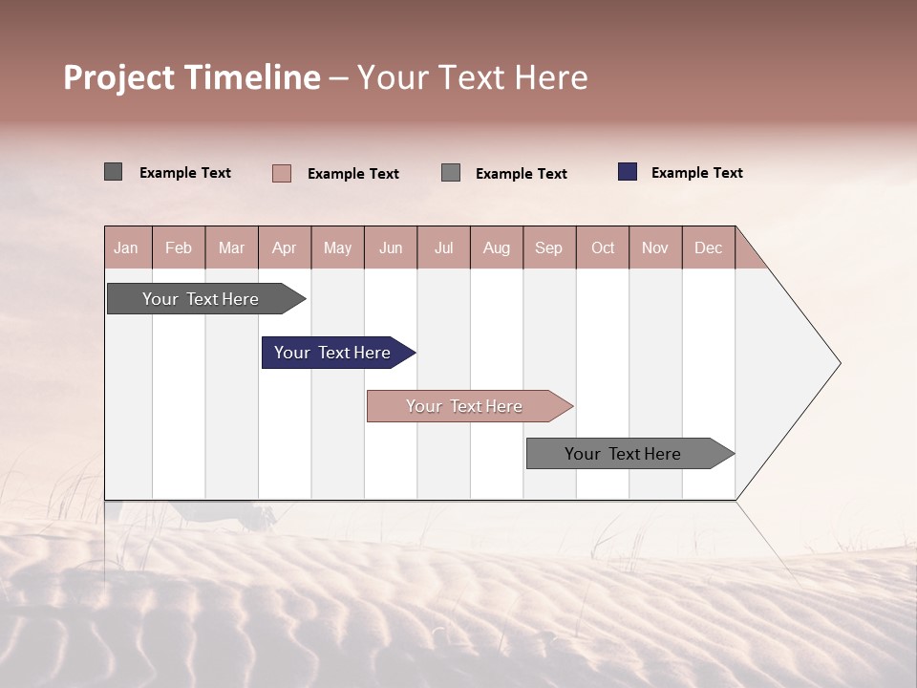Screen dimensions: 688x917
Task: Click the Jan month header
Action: pyautogui.click(x=126, y=247)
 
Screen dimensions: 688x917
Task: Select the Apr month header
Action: pyautogui.click(x=284, y=247)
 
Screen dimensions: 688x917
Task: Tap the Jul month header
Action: pyautogui.click(x=443, y=247)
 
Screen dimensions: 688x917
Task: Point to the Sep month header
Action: pyautogui.click(x=548, y=247)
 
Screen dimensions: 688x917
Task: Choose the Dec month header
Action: pyautogui.click(x=708, y=247)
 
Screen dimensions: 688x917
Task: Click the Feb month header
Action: pyautogui.click(x=179, y=247)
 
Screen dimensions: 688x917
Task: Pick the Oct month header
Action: pyautogui.click(x=603, y=247)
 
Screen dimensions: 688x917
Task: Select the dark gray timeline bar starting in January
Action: pyautogui.click(x=201, y=299)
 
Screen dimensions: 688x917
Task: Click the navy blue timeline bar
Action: pyautogui.click(x=332, y=353)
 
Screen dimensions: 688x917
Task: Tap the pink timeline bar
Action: pyautogui.click(x=464, y=406)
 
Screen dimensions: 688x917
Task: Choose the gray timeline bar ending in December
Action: pyautogui.click(x=623, y=454)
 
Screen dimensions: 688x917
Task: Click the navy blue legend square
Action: pyautogui.click(x=628, y=172)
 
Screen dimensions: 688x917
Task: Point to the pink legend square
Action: pyautogui.click(x=282, y=173)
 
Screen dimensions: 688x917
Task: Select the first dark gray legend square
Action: pyautogui.click(x=113, y=172)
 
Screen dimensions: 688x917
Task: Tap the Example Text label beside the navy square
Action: pyautogui.click(x=696, y=173)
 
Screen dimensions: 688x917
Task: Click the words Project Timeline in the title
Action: pyautogui.click(x=192, y=77)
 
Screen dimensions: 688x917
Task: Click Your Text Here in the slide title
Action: pyautogui.click(x=472, y=77)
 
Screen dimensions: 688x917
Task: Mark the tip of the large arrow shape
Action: pyautogui.click(x=838, y=363)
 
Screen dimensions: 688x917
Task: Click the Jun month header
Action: pyautogui.click(x=391, y=247)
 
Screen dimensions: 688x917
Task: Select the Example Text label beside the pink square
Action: pyautogui.click(x=352, y=174)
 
